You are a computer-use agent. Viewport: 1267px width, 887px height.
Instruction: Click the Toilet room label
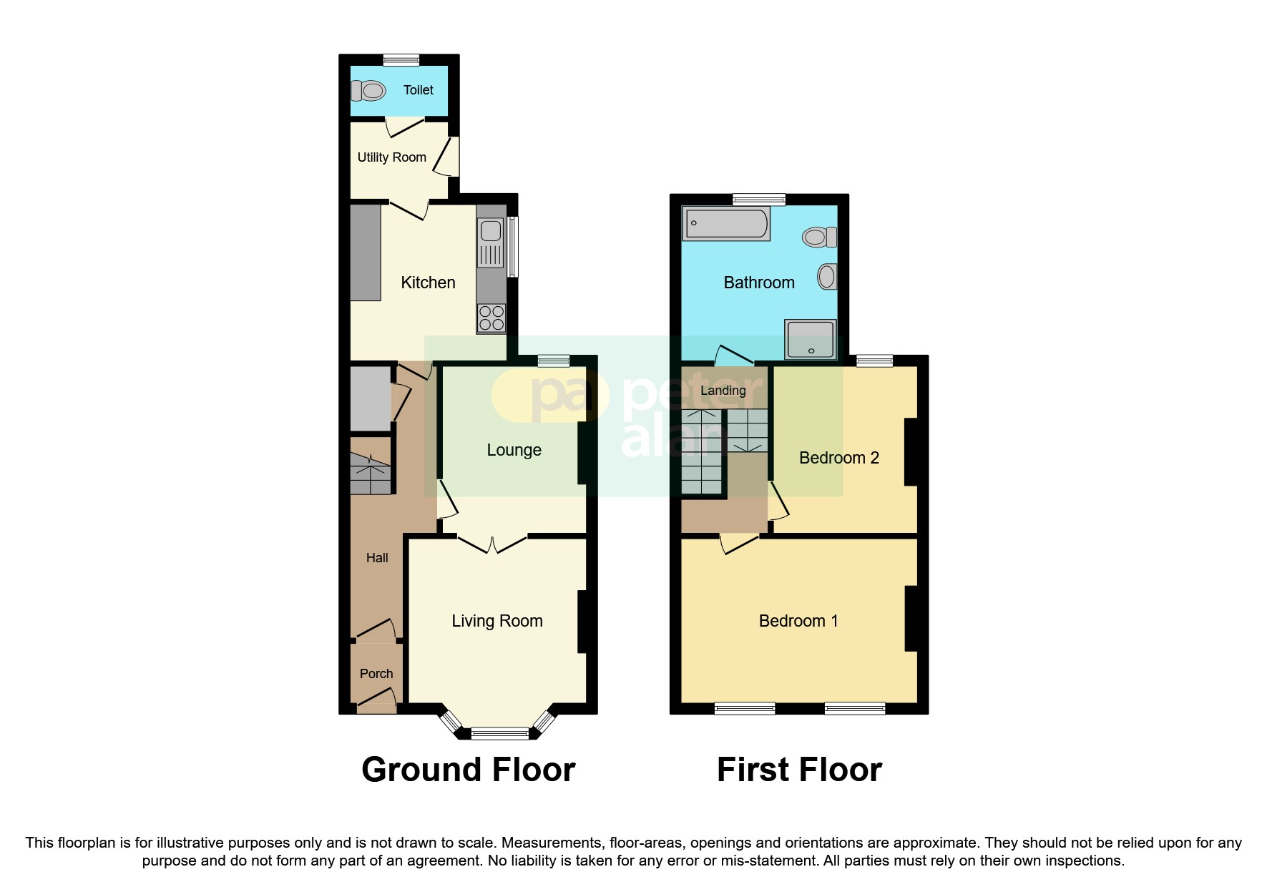pos(418,90)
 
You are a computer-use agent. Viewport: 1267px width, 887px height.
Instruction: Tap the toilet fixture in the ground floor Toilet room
pos(368,91)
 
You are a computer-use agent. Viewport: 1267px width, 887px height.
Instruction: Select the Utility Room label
pos(391,157)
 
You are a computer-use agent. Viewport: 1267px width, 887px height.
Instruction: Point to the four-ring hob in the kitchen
pos(491,318)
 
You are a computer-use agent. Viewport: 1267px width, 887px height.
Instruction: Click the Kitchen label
pos(428,283)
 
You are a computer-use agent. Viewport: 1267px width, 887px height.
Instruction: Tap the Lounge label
pos(514,450)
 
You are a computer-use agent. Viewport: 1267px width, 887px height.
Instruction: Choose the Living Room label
pos(496,621)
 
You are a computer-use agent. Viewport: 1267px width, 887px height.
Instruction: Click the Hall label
pos(377,558)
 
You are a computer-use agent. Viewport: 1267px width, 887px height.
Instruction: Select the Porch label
pos(376,674)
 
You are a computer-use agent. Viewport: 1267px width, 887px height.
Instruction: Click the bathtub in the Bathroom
pos(726,224)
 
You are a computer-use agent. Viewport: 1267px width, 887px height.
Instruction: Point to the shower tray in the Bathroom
pos(811,339)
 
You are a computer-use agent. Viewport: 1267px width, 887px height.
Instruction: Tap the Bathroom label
pos(759,283)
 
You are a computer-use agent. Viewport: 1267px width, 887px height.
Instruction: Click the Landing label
pos(723,391)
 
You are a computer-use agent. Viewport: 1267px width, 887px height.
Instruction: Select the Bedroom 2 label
pos(838,458)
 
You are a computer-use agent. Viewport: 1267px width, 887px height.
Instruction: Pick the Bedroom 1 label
pos(798,621)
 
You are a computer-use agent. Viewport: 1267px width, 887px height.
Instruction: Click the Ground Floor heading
pos(468,770)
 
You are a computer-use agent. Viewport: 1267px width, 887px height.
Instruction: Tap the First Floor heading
pos(799,770)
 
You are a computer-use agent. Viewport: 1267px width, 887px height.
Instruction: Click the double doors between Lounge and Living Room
pos(492,544)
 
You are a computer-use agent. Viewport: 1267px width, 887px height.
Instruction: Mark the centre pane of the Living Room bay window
pos(499,732)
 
